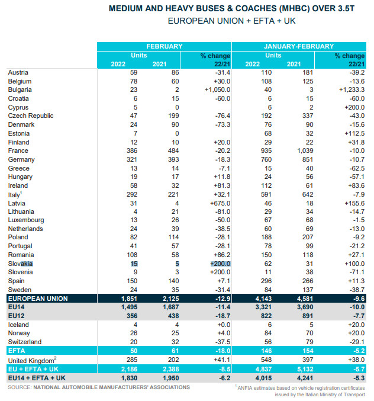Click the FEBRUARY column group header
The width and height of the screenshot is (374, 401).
point(164,46)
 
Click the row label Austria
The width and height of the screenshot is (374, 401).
point(18,72)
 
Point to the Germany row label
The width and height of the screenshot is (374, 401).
point(21,160)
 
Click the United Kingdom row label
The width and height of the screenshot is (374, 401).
point(30,360)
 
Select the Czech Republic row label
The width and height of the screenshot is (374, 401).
point(31,116)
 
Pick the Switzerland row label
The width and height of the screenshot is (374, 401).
point(25,342)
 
